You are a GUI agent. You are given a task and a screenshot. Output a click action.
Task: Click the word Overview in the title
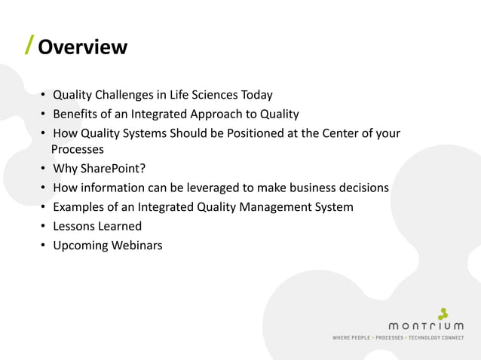[x=82, y=47]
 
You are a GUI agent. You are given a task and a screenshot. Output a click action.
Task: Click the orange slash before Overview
[x=29, y=46]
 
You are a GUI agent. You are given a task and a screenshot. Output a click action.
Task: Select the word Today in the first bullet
[x=256, y=95]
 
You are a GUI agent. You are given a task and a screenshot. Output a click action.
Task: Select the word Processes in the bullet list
[x=77, y=149]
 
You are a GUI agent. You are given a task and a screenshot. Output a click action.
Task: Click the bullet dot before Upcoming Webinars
[x=44, y=246]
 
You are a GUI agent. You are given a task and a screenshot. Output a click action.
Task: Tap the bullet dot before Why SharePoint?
[x=44, y=168]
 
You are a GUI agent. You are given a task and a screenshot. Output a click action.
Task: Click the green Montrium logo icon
[x=443, y=313]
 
